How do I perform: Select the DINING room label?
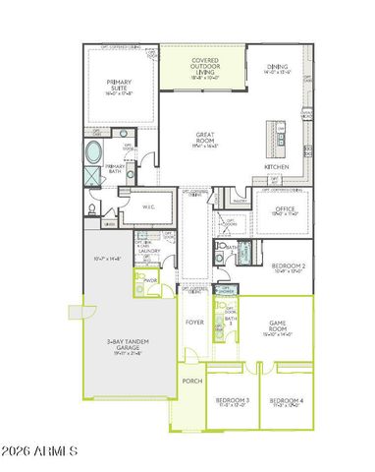click(x=278, y=68)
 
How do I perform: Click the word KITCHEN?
click(x=278, y=167)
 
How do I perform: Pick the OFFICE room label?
click(x=286, y=209)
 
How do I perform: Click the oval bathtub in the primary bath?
click(x=93, y=153)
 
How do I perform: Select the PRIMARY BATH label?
click(x=116, y=169)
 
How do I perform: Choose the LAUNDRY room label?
click(x=149, y=251)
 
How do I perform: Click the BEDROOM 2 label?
click(x=289, y=266)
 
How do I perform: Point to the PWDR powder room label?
click(x=151, y=279)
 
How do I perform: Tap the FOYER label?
click(x=194, y=322)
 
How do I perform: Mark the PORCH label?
click(x=190, y=381)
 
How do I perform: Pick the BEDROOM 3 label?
click(x=233, y=400)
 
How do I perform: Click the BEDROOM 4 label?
click(x=287, y=400)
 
